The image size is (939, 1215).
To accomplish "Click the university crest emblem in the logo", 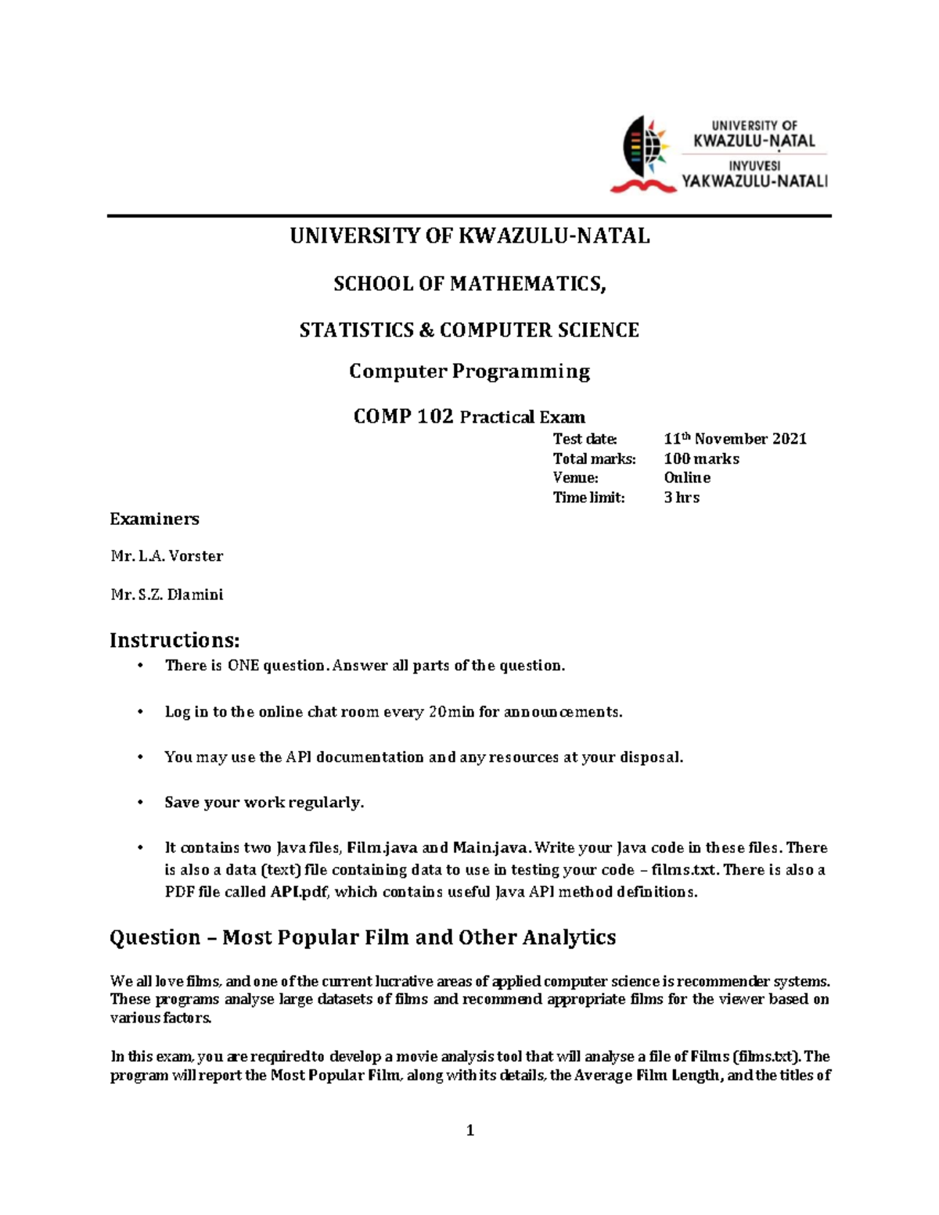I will pyautogui.click(x=643, y=154).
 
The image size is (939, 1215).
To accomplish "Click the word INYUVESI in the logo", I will pyautogui.click(x=754, y=166).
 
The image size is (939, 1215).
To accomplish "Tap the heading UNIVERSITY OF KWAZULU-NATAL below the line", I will pyautogui.click(x=469, y=236).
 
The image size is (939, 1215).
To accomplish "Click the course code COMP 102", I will pyautogui.click(x=403, y=416).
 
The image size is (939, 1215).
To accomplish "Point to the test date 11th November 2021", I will pyautogui.click(x=734, y=439).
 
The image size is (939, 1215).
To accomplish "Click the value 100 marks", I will pyautogui.click(x=701, y=458).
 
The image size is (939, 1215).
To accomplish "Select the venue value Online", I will pyautogui.click(x=687, y=477).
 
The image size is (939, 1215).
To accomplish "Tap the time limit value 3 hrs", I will pyautogui.click(x=681, y=498).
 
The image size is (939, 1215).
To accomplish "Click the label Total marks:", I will pyautogui.click(x=594, y=458).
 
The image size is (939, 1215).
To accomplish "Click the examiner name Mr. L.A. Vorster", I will pyautogui.click(x=167, y=556).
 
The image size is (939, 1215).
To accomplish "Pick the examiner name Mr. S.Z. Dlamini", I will pyautogui.click(x=167, y=595).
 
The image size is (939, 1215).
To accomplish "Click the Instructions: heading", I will pyautogui.click(x=174, y=640).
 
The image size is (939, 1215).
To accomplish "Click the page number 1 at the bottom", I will pyautogui.click(x=469, y=1130).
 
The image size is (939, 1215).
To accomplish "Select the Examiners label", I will pyautogui.click(x=154, y=519).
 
